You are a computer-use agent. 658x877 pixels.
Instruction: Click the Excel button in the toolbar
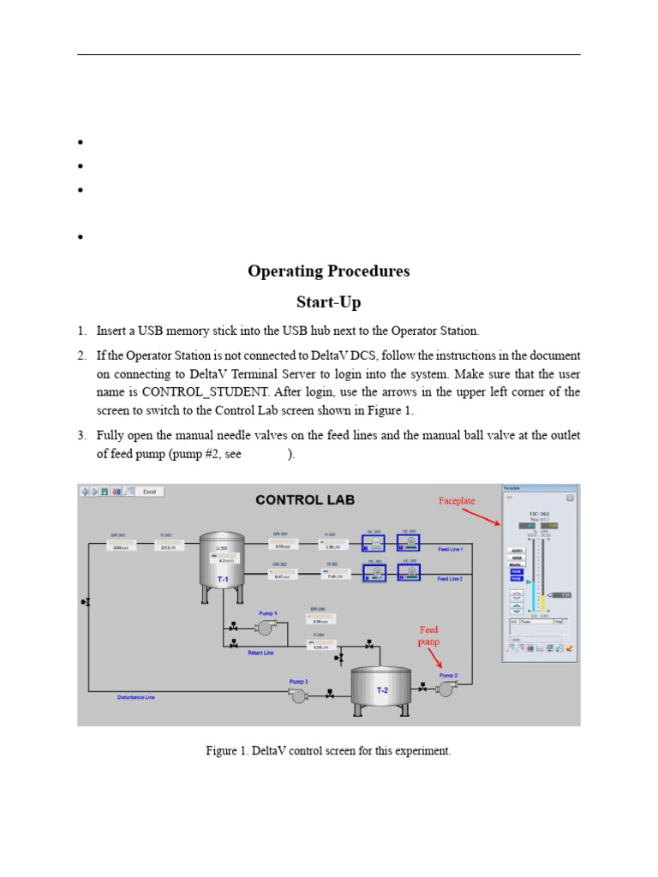coord(149,491)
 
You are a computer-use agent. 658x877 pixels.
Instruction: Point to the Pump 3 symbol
coord(298,695)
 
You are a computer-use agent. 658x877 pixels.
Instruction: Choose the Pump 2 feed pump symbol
coord(446,689)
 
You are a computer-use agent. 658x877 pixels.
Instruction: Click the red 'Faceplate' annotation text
coord(456,500)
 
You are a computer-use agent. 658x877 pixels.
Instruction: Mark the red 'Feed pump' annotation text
coord(428,635)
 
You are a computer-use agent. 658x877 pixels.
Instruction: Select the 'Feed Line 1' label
coord(451,549)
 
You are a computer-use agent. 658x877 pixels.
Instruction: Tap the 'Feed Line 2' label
coord(451,579)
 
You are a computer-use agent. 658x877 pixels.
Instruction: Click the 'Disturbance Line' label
coord(136,697)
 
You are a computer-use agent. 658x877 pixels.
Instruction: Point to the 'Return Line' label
coord(261,653)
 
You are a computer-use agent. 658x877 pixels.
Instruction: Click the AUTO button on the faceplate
coord(517,551)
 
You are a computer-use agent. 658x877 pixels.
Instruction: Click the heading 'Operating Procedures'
coord(328,271)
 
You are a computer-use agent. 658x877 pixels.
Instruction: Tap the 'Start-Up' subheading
coord(328,302)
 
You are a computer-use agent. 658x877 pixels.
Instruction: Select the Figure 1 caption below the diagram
coord(328,751)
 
